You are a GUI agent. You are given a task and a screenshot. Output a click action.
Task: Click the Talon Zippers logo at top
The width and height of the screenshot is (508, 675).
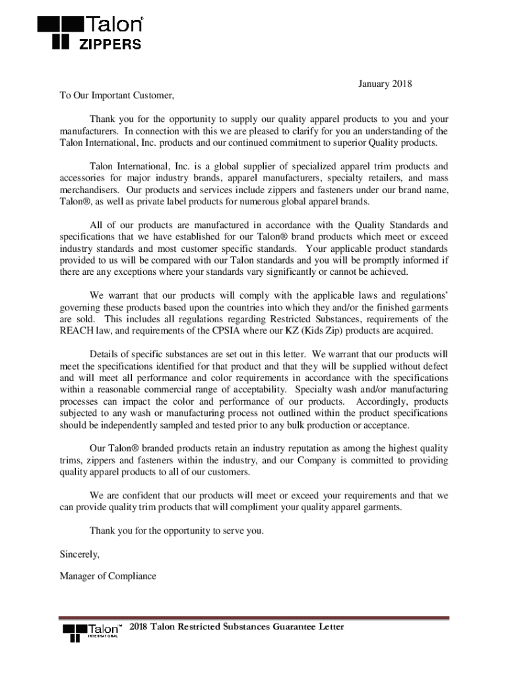tap(90, 33)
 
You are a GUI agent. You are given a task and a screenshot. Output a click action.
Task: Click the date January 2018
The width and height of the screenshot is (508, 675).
tap(385, 84)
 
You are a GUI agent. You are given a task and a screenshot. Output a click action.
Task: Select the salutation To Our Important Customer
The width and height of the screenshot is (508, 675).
tap(117, 96)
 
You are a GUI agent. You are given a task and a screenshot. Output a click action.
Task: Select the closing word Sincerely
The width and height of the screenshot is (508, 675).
tap(79, 554)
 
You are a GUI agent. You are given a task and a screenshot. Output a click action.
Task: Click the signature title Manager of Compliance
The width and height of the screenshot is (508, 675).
tap(108, 576)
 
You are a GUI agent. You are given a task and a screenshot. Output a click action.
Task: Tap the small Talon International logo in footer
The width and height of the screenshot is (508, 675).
tap(92, 631)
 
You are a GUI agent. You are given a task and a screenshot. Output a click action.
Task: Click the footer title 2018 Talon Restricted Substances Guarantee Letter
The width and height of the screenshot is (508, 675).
tap(237, 627)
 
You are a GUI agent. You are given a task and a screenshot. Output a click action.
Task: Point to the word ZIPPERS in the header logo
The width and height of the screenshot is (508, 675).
tap(110, 45)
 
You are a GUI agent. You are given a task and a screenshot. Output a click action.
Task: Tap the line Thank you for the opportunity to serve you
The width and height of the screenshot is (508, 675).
tap(176, 531)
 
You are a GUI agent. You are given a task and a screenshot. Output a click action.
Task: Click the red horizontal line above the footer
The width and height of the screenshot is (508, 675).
tap(254, 618)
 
